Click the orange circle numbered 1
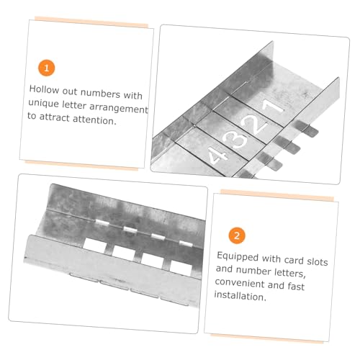pyautogui.click(x=47, y=68)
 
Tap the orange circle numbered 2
pyautogui.click(x=237, y=235)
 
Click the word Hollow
pyautogui.click(x=44, y=89)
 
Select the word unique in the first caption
pyautogui.click(x=43, y=103)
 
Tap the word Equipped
pyautogui.click(x=238, y=256)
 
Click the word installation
pyautogui.click(x=240, y=296)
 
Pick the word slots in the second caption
pyautogui.click(x=318, y=261)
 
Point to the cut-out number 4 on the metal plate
pyautogui.click(x=217, y=156)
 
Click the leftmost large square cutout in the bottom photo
pyautogui.click(x=95, y=245)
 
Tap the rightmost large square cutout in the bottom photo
pyautogui.click(x=181, y=267)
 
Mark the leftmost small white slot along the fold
pyautogui.click(x=102, y=222)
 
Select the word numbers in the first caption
pyautogui.click(x=99, y=93)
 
